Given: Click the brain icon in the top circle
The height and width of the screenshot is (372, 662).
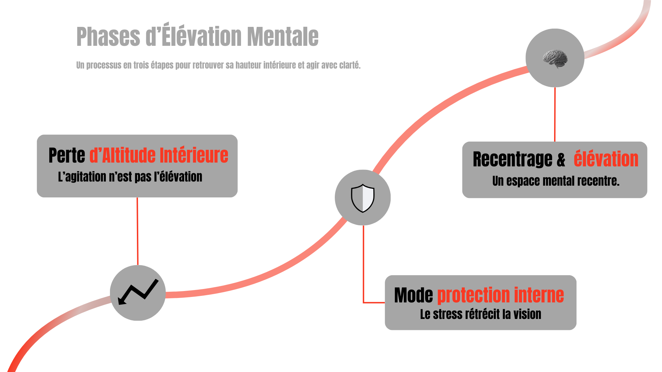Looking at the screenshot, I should pos(555,58).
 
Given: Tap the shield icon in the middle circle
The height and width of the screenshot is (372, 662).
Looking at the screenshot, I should pos(363,198).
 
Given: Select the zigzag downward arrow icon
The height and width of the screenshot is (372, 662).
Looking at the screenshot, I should pos(138,292).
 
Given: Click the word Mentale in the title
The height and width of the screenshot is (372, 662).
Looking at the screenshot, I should pos(282,37).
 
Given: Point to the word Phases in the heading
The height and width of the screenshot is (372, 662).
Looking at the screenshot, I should pos(108,37).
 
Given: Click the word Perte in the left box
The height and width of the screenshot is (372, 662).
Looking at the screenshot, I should pos(67,155).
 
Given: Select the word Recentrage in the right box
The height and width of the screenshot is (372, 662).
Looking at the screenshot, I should pos(512,159).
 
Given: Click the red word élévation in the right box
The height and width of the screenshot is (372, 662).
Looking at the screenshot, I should pos(606,159).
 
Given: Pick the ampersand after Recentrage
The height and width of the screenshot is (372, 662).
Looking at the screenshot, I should pos(561,160).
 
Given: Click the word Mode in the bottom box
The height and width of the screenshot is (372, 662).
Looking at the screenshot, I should pos(413,296).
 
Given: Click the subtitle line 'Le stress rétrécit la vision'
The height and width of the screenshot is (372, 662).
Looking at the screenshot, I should pos(480,314).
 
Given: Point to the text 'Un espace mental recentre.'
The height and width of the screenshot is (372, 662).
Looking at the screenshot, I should pos(555,181).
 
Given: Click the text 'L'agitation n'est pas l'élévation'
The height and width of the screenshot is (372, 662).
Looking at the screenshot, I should pos(130,177).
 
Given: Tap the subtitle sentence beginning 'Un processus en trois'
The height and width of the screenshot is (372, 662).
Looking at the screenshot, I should pos(218,65).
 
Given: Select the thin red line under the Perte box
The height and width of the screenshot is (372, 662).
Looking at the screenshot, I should pos(138,231).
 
